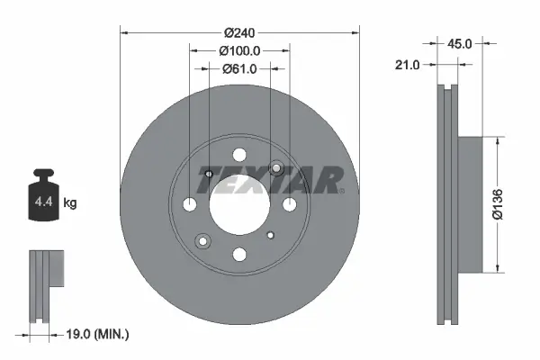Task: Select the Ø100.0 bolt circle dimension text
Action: coord(239,51)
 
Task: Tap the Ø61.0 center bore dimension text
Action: coord(239,68)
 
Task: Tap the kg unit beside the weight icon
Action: coord(70,203)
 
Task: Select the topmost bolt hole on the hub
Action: coord(239,155)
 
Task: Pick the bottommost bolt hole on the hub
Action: coord(239,255)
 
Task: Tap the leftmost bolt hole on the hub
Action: coord(190,205)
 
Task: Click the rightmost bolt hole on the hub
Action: coord(289,205)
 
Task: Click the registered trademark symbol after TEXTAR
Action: coord(342,191)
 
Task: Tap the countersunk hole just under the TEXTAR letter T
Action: coord(208,174)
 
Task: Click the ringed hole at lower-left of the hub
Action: coord(202,240)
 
